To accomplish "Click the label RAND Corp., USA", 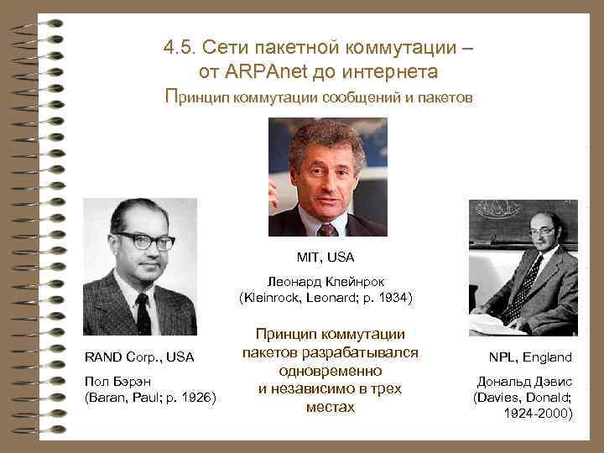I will (139, 357).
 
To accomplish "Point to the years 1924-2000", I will (539, 414).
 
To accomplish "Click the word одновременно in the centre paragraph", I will (330, 370).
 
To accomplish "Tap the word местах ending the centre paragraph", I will (330, 408).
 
